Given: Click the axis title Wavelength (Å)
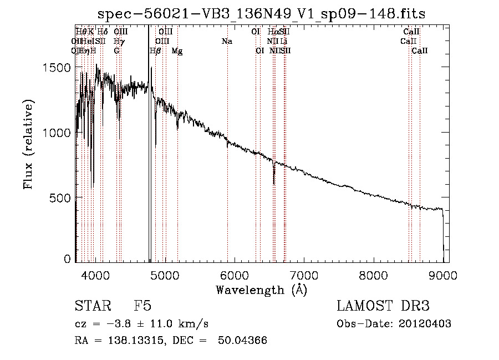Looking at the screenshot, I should point(261,290).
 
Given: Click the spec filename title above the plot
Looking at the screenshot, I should point(261,14).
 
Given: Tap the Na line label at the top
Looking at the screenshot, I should point(226,42).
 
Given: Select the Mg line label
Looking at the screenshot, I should point(177,51).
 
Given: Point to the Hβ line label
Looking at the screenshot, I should point(156,51).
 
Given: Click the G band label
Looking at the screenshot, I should point(116,51).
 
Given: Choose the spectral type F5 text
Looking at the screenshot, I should point(142,306).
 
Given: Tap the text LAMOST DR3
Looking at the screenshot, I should point(383,306).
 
